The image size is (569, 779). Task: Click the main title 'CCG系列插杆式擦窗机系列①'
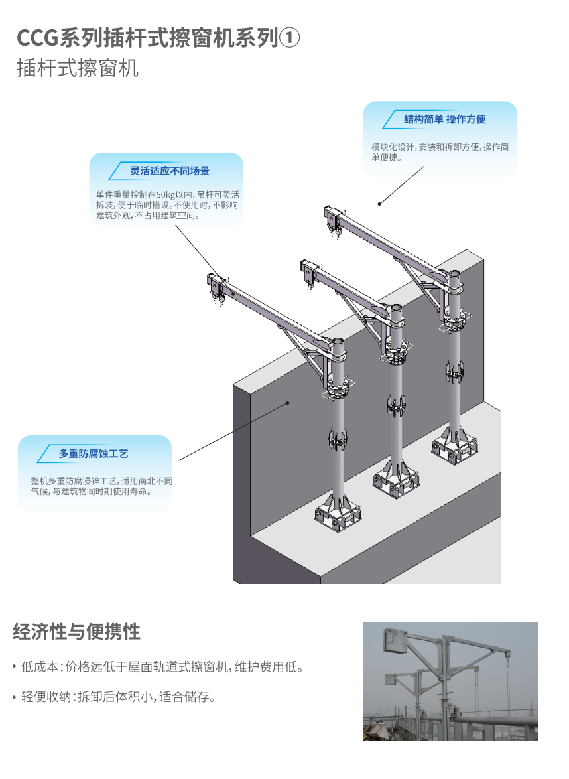158,38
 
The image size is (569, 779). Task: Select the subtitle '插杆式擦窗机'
78,68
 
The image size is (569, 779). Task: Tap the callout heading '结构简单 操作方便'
444,119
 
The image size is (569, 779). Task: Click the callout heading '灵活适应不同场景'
170,171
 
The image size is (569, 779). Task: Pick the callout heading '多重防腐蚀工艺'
94,454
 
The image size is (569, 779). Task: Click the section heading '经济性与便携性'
76,632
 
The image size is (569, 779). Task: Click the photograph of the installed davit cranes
450,681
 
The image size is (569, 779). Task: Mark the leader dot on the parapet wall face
288,402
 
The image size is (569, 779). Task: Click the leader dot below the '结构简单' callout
379,204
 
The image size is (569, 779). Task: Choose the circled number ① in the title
289,38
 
